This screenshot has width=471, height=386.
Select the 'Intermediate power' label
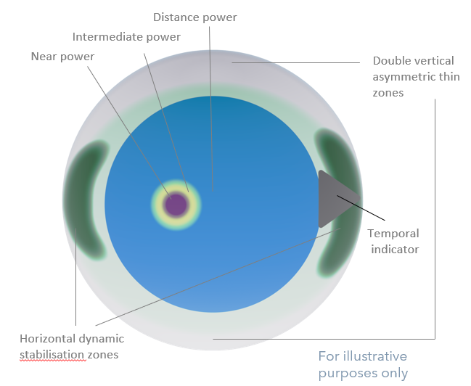[x=126, y=36]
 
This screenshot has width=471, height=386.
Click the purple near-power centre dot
[x=176, y=202]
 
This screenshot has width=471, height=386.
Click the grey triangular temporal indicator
[x=333, y=199]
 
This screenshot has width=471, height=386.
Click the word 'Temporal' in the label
[x=393, y=234]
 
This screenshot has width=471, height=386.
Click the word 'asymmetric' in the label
[x=402, y=77]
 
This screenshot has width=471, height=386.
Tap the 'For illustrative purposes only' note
[x=363, y=365]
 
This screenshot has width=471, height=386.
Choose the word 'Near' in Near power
[x=43, y=55]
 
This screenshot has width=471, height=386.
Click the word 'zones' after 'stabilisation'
[x=105, y=354]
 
